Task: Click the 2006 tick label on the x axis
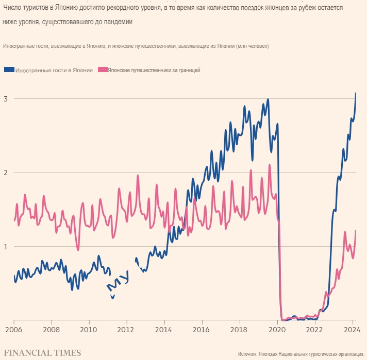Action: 13,329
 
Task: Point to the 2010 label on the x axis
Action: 89,329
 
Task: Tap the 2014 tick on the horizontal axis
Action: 164,329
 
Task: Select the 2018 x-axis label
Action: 239,329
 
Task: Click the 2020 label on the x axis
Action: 277,329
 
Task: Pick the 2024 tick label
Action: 352,329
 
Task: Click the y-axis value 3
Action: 5,98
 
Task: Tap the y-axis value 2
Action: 5,172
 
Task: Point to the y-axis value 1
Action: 5,246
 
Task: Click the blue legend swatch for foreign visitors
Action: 9,70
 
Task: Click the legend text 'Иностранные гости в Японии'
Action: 54,70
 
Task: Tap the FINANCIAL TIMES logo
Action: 42,353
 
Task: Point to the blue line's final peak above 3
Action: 356,93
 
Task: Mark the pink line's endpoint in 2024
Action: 356,231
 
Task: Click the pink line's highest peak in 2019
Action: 269,165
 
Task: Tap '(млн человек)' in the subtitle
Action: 252,46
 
